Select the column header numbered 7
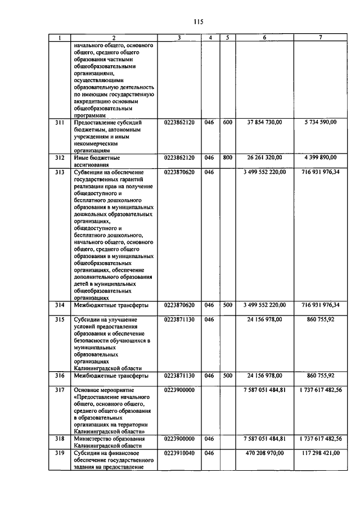pyautogui.click(x=320, y=38)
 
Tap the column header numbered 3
pyautogui.click(x=178, y=38)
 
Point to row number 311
pyautogui.click(x=58, y=121)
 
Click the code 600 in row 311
pyautogui.click(x=227, y=121)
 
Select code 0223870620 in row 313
pyautogui.click(x=179, y=172)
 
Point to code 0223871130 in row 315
pyautogui.click(x=179, y=319)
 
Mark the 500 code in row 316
pyautogui.click(x=227, y=375)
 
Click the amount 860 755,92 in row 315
pyautogui.click(x=321, y=319)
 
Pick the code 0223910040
pyautogui.click(x=179, y=452)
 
